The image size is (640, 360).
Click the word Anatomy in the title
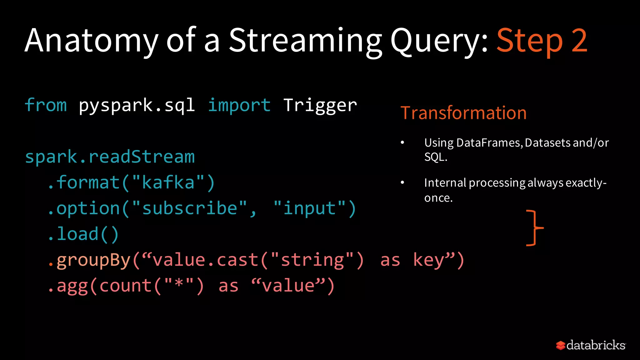[x=92, y=41]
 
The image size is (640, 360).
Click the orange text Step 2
[x=542, y=41]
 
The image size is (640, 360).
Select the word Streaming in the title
[x=305, y=41]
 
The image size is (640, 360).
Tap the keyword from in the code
[x=46, y=105]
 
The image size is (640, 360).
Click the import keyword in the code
[x=239, y=105]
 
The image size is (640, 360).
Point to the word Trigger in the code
[x=320, y=106]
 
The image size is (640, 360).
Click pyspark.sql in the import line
[x=137, y=106]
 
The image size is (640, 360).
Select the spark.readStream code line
[x=110, y=157]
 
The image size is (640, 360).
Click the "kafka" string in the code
[x=168, y=182]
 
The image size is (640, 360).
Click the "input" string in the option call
[x=309, y=208]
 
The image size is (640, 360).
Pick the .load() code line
[x=83, y=234]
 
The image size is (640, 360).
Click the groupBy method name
[x=93, y=260]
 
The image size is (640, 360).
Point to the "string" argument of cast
[x=312, y=260]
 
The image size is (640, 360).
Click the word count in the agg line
[x=126, y=286]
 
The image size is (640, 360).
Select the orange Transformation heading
[x=463, y=113]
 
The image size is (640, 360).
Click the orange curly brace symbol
[x=535, y=228]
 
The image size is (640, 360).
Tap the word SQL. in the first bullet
[x=436, y=157]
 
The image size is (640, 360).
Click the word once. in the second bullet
[x=438, y=198]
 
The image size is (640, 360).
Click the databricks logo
[x=591, y=345]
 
